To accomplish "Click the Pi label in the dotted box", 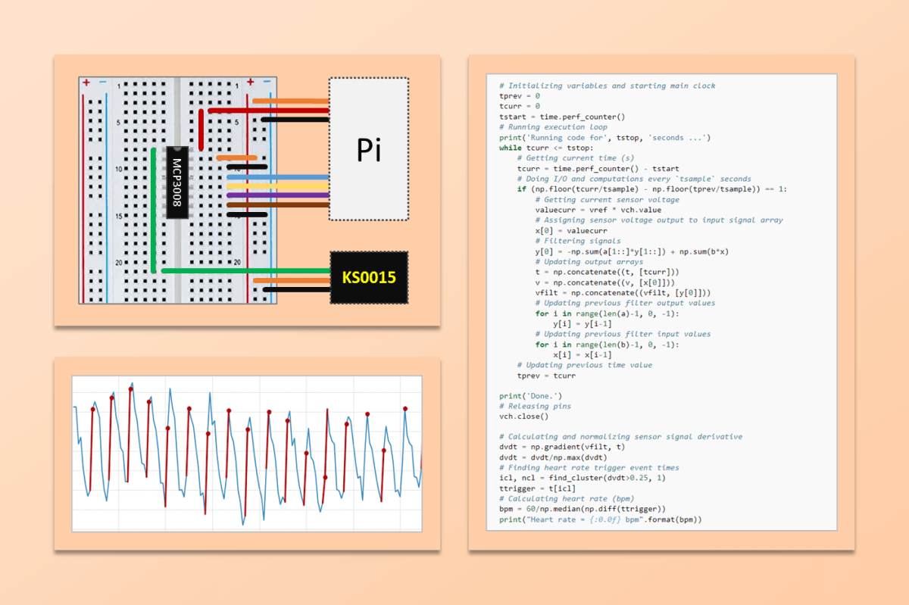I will coord(369,150).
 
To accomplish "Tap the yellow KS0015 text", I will coord(369,278).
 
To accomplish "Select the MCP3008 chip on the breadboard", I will coord(176,182).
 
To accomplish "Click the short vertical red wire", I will coord(201,129).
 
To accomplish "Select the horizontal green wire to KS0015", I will coord(242,270).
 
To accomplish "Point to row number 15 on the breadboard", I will coord(118,217).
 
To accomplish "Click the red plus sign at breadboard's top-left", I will coord(86,82).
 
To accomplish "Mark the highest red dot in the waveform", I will coord(130,389).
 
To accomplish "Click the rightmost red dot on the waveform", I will coord(405,409).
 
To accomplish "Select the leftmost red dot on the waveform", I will coord(92,410).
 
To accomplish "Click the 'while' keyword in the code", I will coord(510,148).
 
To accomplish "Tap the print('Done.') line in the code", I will coord(530,396).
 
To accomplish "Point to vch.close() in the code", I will coord(523,416).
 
